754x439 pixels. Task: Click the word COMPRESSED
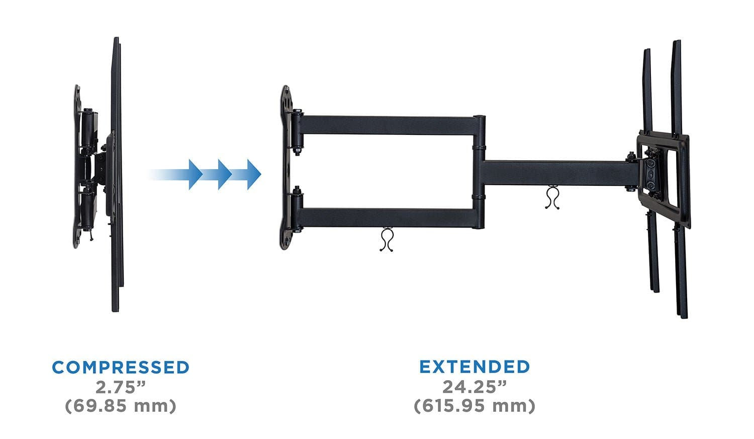pyautogui.click(x=120, y=367)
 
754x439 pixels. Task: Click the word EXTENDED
pyautogui.click(x=475, y=367)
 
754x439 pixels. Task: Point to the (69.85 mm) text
pyautogui.click(x=121, y=405)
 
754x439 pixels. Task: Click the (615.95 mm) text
pyautogui.click(x=475, y=405)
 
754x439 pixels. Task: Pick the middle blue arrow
pyautogui.click(x=222, y=174)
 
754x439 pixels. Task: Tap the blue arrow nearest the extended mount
pyautogui.click(x=251, y=174)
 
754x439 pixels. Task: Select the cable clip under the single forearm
pyautogui.click(x=552, y=197)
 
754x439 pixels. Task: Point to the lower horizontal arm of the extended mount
pyautogui.click(x=387, y=217)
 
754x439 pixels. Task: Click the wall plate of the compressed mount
pyautogui.click(x=77, y=166)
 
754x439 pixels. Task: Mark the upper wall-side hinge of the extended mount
pyautogui.click(x=297, y=132)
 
